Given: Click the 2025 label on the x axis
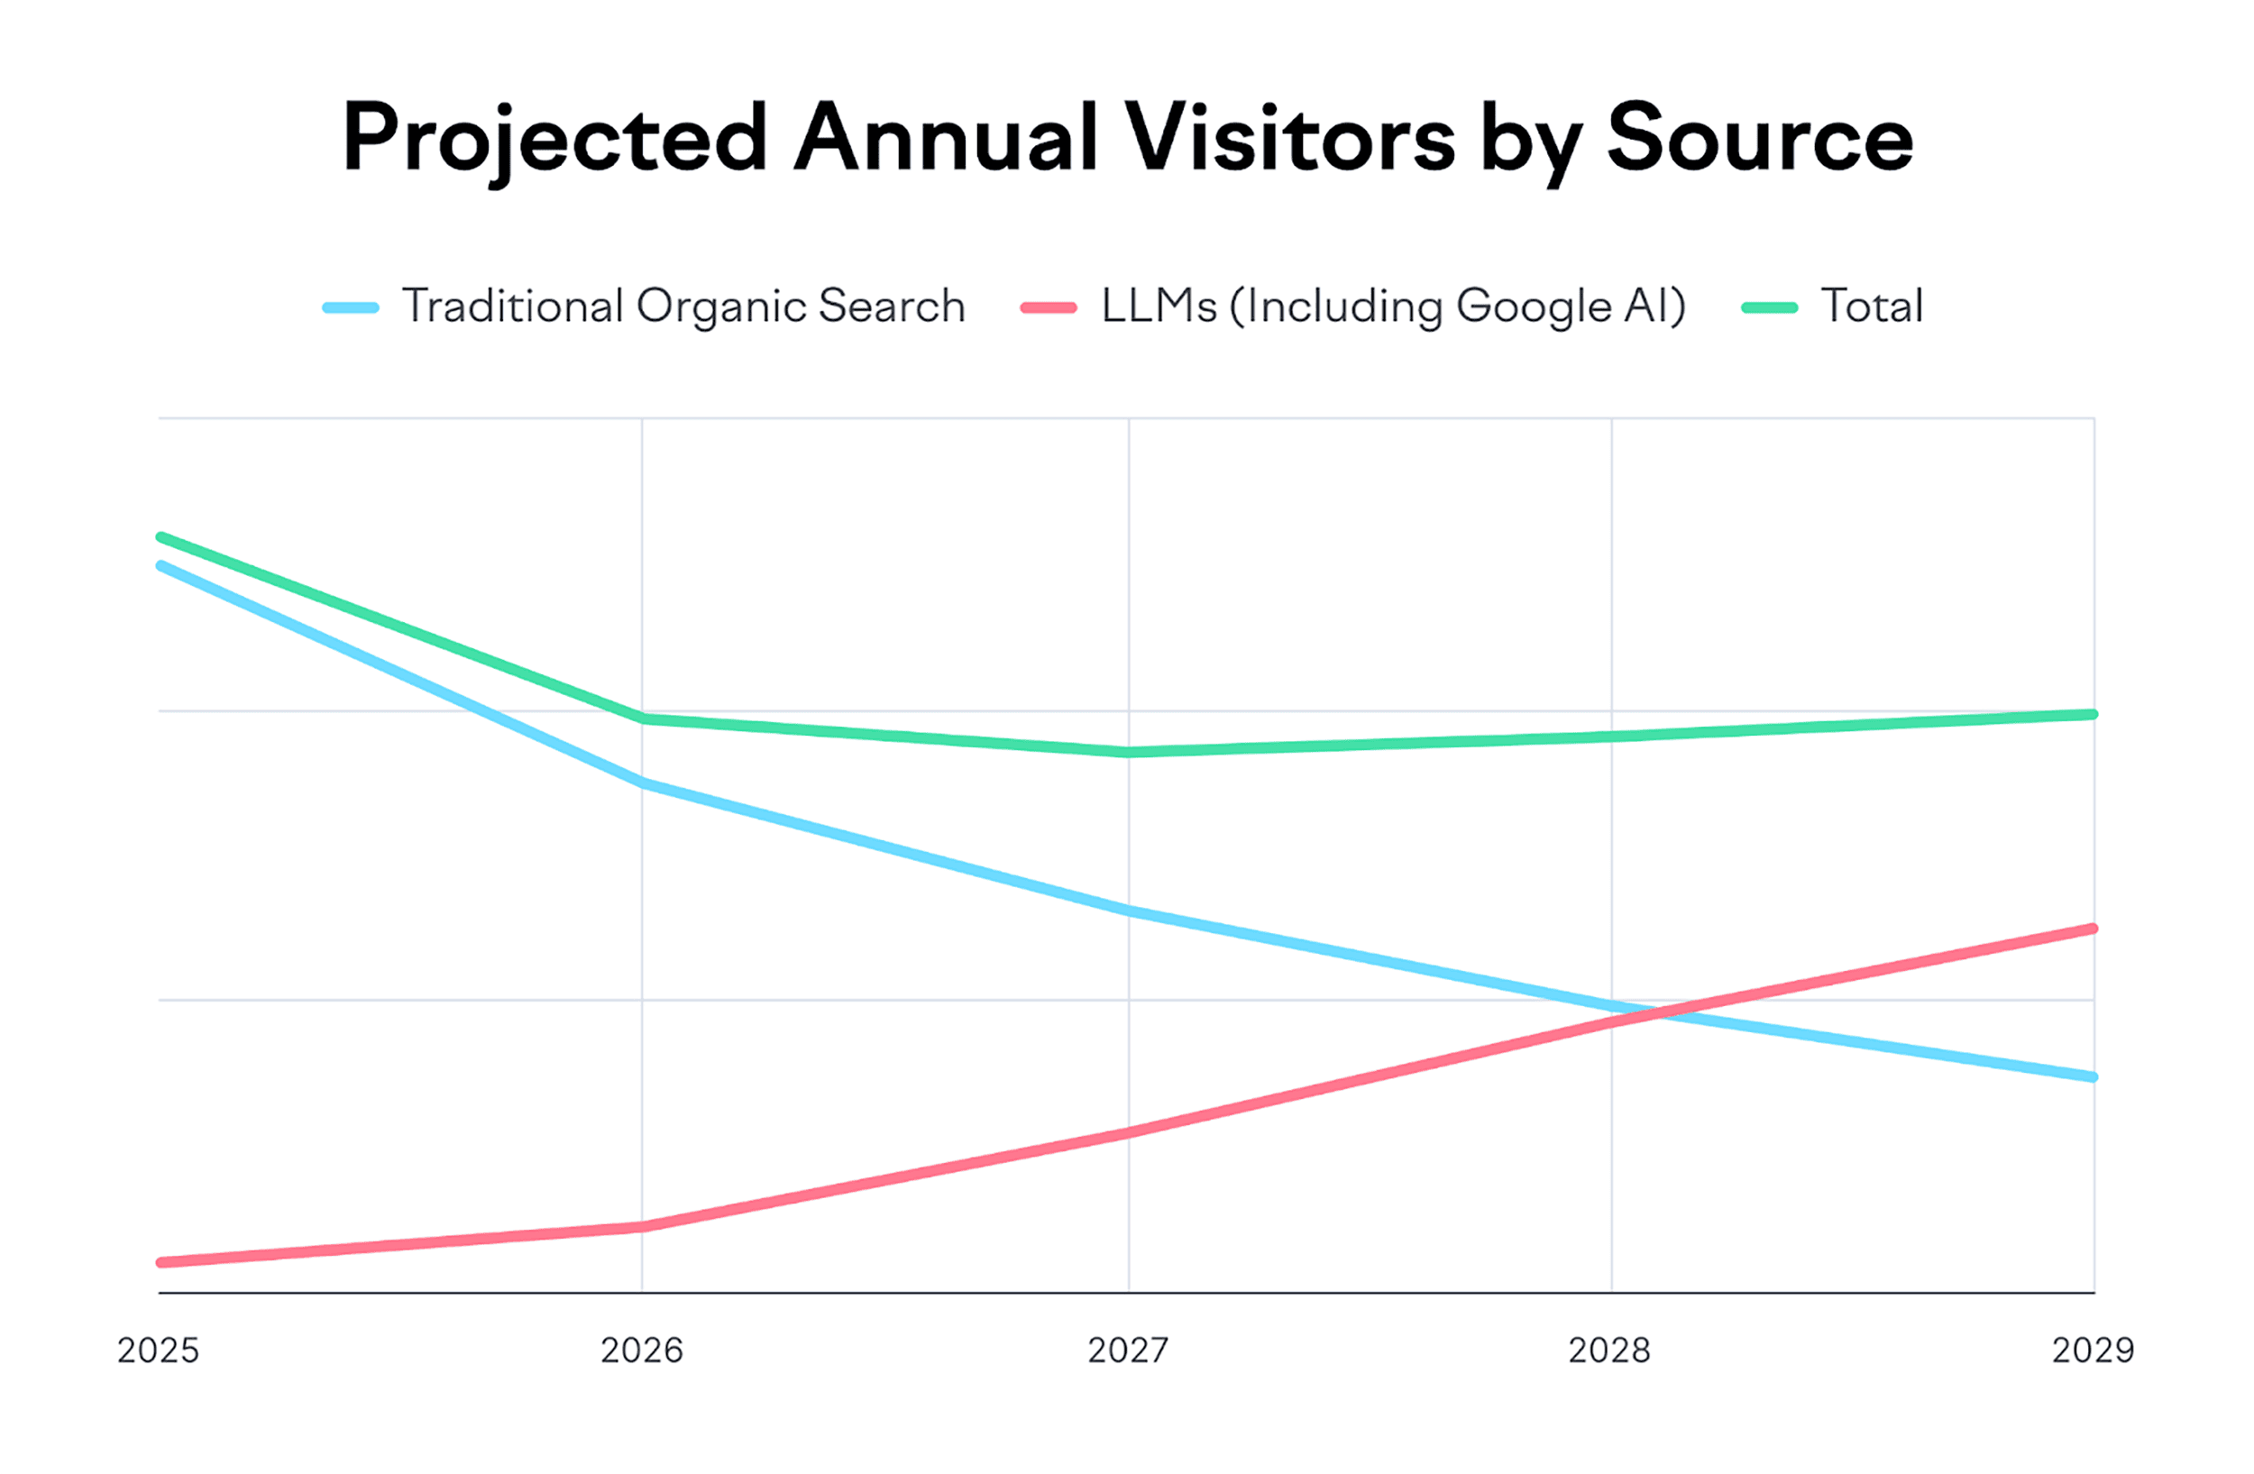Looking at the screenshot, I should pyautogui.click(x=158, y=1350).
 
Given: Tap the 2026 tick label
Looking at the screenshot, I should pyautogui.click(x=641, y=1350).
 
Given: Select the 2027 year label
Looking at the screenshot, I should pyautogui.click(x=1128, y=1350).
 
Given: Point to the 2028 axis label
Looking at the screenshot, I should pyautogui.click(x=1609, y=1350).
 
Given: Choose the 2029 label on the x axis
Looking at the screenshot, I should pyautogui.click(x=2093, y=1350).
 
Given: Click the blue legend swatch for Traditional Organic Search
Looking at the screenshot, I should pyautogui.click(x=351, y=307).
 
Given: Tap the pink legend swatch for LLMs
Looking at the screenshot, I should pyautogui.click(x=1049, y=307).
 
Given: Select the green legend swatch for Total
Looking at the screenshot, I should pyautogui.click(x=1769, y=307).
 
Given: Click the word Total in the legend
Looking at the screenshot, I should pyautogui.click(x=1872, y=306).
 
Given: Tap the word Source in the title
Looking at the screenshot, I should pyautogui.click(x=1760, y=138).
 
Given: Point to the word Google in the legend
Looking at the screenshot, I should pyautogui.click(x=1534, y=306).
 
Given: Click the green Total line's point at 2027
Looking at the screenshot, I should pyautogui.click(x=1128, y=753).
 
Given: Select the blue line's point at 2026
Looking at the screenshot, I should pyautogui.click(x=642, y=783).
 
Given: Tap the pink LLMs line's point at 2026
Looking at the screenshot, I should pyautogui.click(x=642, y=1227).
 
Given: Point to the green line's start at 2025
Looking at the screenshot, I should pyautogui.click(x=160, y=536).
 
